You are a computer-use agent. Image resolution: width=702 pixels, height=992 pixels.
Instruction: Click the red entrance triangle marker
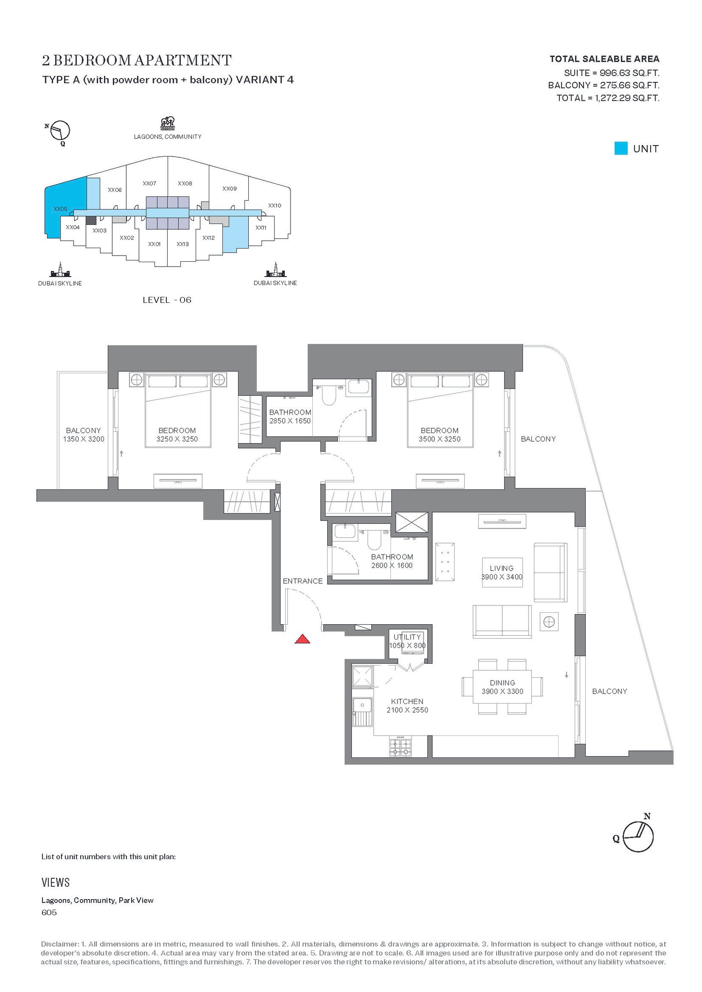tap(302, 639)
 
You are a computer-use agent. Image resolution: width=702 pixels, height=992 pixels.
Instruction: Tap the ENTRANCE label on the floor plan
tap(303, 581)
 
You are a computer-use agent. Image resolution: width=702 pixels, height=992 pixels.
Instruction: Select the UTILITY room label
tap(407, 637)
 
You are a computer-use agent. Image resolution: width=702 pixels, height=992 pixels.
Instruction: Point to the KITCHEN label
tap(407, 701)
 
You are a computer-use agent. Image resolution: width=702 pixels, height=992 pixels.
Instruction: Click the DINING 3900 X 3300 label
tap(502, 687)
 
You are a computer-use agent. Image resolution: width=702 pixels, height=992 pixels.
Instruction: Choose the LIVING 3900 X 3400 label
tap(502, 572)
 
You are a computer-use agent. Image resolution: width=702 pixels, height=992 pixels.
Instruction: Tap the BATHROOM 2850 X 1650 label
tap(290, 416)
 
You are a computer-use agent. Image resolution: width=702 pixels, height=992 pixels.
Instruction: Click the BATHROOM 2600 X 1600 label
tap(392, 561)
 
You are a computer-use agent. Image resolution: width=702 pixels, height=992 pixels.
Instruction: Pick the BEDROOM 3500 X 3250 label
tap(440, 435)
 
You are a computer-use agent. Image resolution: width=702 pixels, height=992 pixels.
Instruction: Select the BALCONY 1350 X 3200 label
tap(83, 435)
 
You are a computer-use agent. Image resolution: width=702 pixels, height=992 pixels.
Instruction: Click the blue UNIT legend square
tap(621, 149)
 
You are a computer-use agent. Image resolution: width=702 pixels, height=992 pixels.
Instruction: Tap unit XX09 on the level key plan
tap(229, 189)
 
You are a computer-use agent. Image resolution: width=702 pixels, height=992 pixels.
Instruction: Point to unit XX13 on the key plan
tap(183, 244)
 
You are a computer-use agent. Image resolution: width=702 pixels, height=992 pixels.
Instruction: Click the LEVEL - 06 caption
tap(167, 300)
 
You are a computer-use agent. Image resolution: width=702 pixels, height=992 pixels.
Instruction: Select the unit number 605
tap(49, 913)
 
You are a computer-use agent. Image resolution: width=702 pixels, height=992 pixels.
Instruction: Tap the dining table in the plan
tap(502, 687)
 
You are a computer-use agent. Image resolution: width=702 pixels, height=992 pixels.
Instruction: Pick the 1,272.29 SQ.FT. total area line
tap(608, 98)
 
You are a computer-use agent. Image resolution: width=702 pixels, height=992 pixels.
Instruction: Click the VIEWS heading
tap(56, 882)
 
